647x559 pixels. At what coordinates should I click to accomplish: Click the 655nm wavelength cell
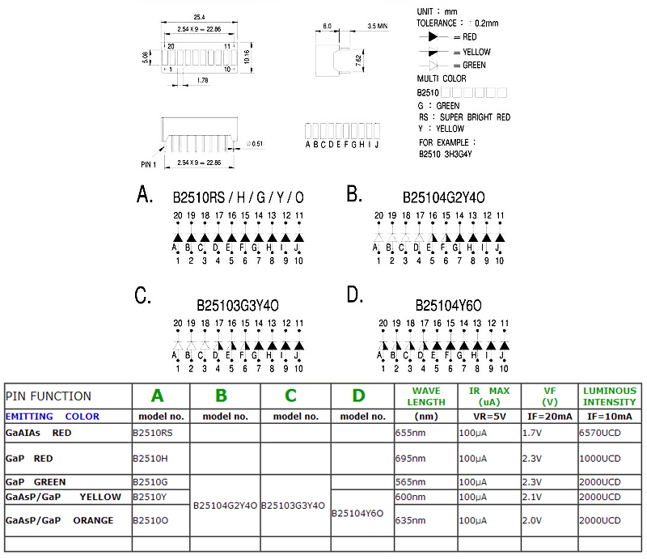408,433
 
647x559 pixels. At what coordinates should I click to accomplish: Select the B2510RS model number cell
153,433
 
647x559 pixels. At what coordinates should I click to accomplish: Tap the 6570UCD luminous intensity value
599,433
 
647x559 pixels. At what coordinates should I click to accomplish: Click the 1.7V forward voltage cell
531,433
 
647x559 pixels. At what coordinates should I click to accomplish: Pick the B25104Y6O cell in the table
357,512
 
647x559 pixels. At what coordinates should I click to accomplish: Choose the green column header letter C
290,396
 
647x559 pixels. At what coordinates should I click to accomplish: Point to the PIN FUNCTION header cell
49,396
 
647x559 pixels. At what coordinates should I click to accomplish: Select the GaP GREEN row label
36,482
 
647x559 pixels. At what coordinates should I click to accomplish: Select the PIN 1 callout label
148,163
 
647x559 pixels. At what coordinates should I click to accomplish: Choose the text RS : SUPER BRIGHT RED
464,117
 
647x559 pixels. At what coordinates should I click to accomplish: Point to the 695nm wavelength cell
408,459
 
